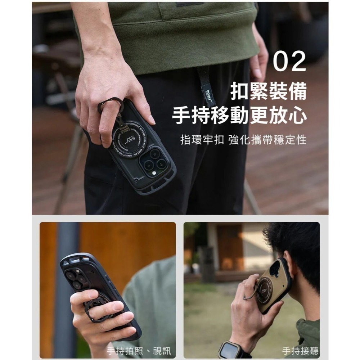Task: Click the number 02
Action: coord(289,62)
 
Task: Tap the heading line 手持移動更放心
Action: coord(239,116)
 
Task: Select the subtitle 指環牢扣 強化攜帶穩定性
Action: coord(243,140)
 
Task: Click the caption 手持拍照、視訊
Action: coord(139,351)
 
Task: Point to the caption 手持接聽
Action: coord(301,351)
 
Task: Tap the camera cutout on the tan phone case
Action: coord(275,268)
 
